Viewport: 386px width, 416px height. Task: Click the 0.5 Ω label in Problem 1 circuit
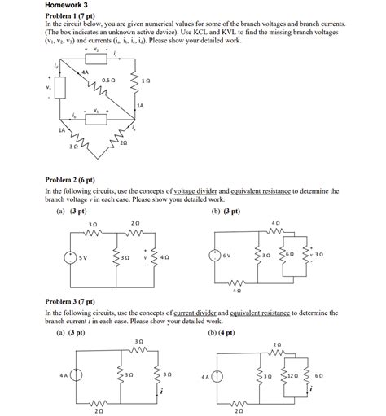pos(108,80)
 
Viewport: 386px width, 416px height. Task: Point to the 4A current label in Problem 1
pos(84,72)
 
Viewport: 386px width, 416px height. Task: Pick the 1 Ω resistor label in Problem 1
pos(146,81)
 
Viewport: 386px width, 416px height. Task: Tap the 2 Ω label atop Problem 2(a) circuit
pos(135,223)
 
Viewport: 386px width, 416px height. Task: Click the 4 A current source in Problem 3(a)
pos(76,375)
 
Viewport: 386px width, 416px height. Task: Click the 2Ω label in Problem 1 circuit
pos(123,142)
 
